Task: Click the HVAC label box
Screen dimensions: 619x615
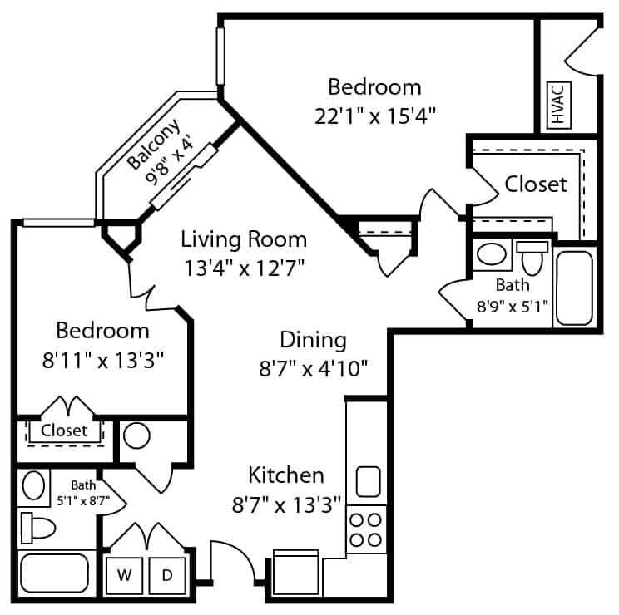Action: click(559, 106)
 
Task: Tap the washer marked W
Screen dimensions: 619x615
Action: click(124, 576)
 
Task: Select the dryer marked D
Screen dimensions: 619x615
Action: click(167, 576)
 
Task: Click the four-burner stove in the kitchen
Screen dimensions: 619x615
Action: click(366, 529)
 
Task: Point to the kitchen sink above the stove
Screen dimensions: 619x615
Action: click(369, 481)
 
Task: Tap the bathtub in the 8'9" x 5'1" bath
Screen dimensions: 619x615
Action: click(574, 288)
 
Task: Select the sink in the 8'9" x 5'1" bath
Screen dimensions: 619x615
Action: click(492, 253)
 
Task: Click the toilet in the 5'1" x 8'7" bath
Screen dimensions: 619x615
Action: click(38, 528)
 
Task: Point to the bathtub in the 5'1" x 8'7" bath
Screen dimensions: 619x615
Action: click(54, 573)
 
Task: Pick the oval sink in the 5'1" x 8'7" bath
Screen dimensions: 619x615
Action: click(33, 485)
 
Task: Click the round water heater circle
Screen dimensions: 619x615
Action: click(136, 435)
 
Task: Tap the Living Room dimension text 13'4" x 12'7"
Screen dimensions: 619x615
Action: click(245, 268)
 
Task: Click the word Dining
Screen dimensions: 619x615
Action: click(314, 340)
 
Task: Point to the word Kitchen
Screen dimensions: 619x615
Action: click(286, 475)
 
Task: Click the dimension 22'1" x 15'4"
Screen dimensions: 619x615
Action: click(375, 116)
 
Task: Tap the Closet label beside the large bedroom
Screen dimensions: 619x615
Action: click(536, 184)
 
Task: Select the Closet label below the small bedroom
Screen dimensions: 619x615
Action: click(64, 430)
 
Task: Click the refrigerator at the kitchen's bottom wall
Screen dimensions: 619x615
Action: click(295, 573)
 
